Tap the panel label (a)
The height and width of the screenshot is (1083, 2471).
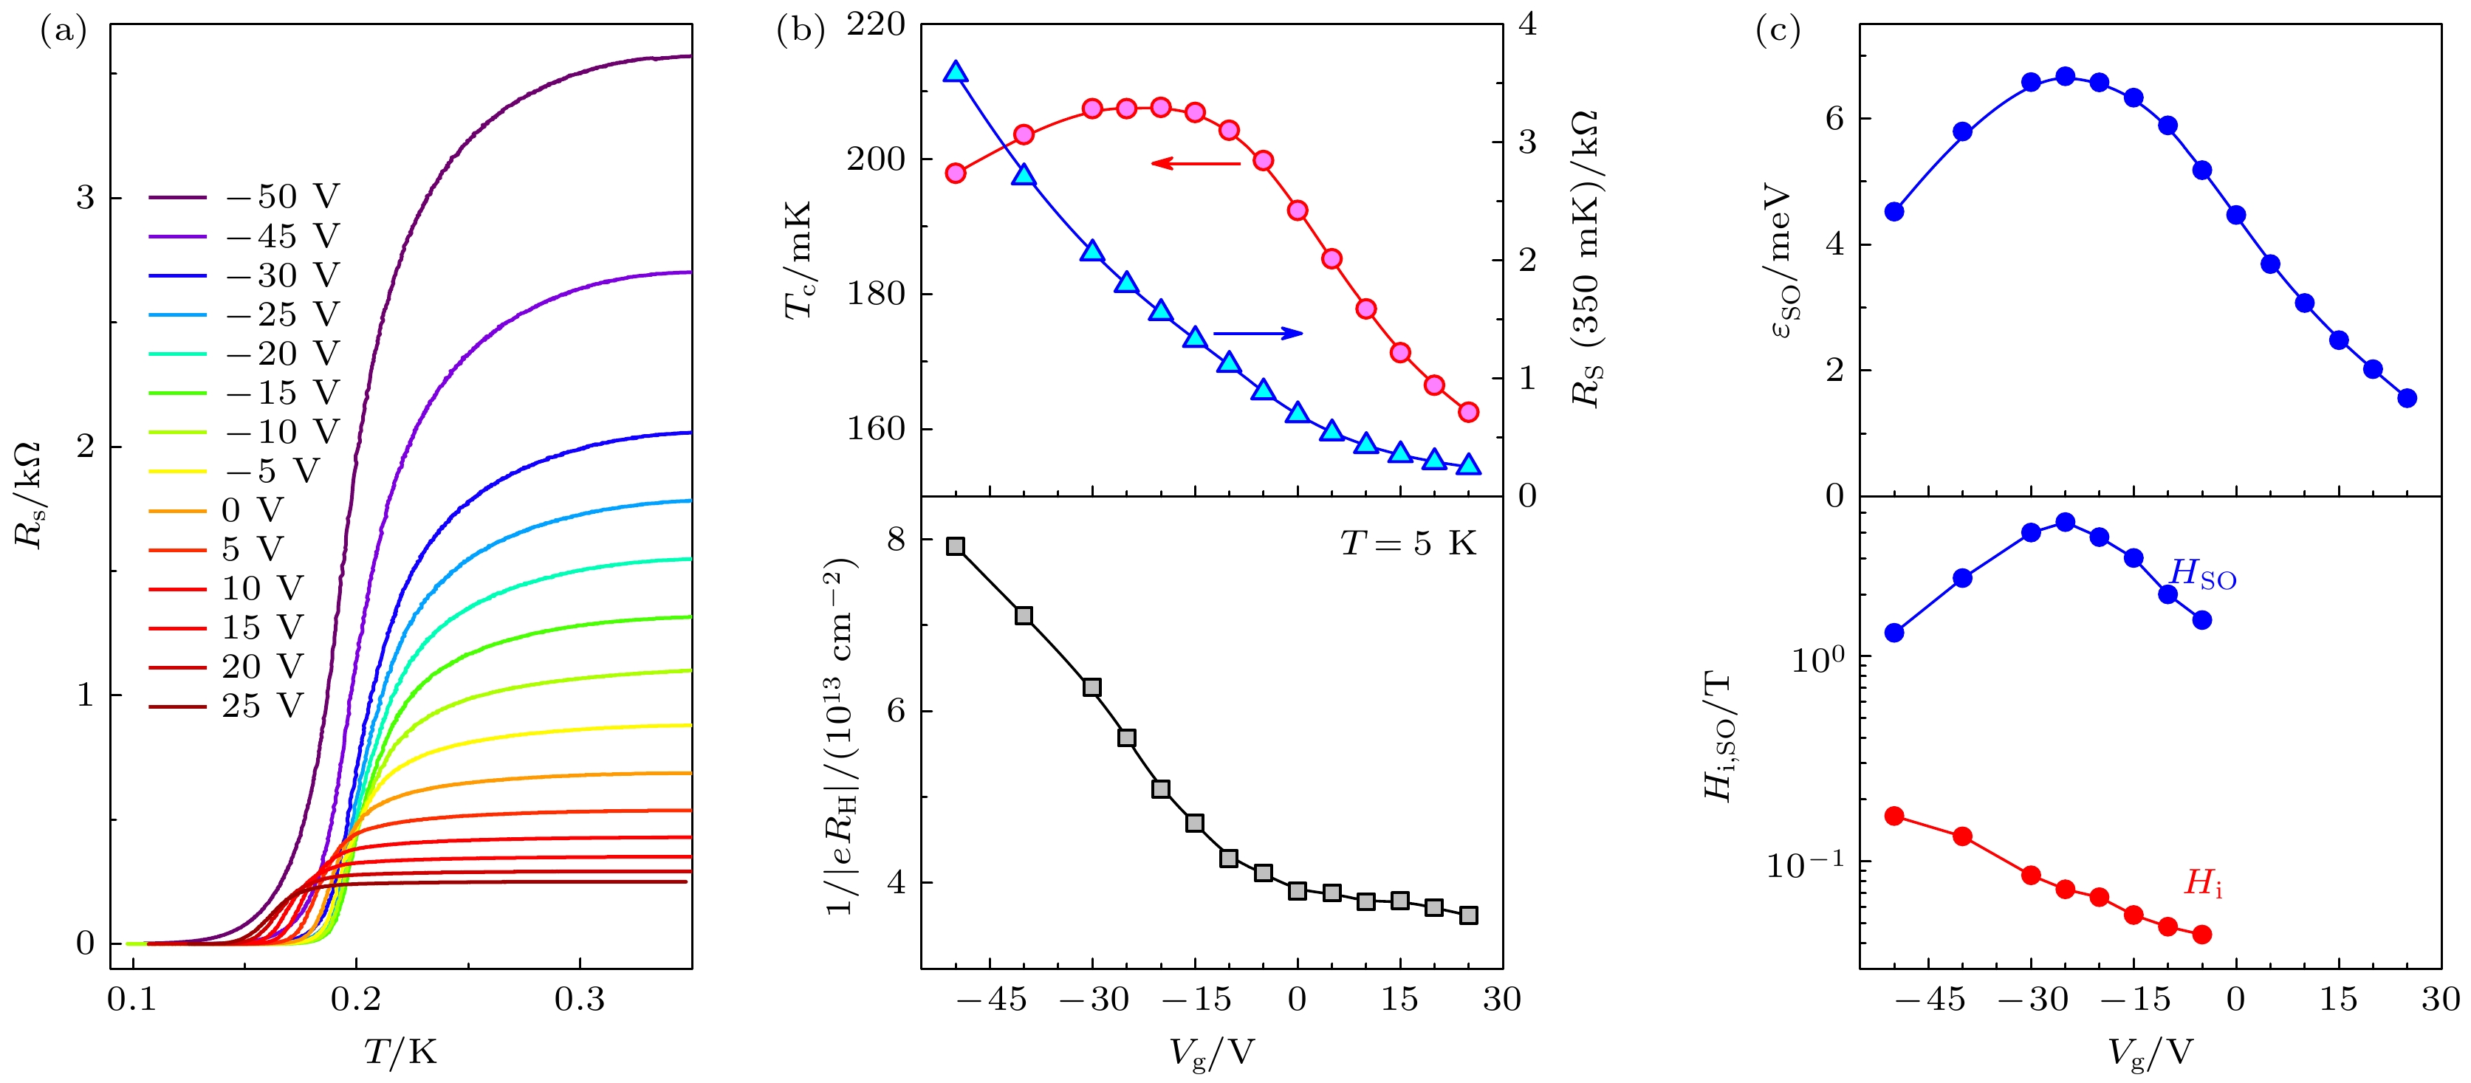tap(64, 32)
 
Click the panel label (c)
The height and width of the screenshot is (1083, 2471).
tap(1778, 32)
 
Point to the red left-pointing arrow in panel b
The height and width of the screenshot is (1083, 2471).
tap(1195, 163)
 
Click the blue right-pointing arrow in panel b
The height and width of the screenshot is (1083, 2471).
tap(1258, 333)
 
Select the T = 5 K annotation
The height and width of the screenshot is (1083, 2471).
tap(1408, 544)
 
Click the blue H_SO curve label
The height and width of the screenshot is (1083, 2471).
tap(2202, 574)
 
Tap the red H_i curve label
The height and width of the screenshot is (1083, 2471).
tap(2202, 882)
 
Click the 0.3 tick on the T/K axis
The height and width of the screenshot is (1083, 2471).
tap(580, 1000)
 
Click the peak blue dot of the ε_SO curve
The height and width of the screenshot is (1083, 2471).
tap(2066, 76)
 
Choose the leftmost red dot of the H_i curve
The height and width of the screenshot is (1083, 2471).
tap(1894, 815)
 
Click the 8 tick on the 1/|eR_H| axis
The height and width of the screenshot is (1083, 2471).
tap(896, 540)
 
